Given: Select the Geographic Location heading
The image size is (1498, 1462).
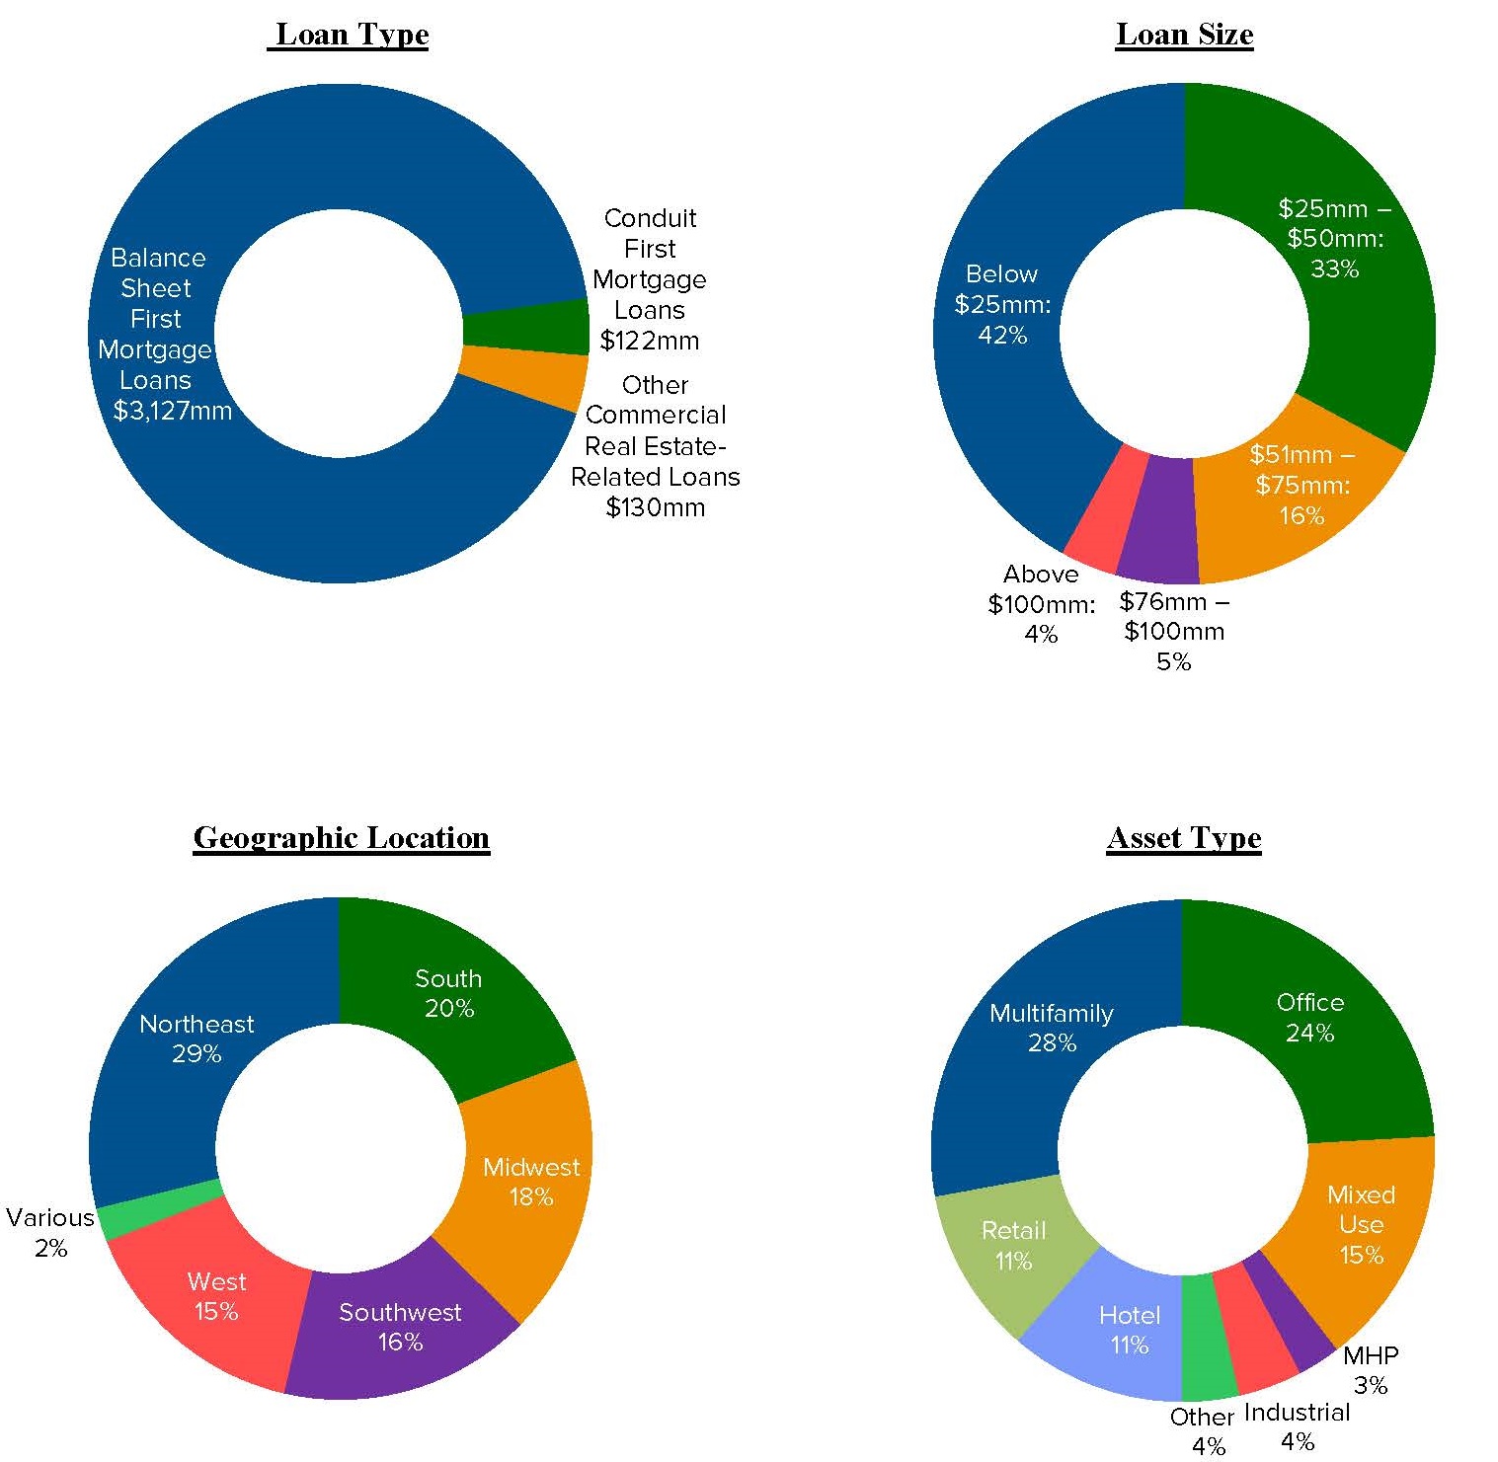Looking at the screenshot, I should tap(342, 838).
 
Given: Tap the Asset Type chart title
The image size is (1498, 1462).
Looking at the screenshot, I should tap(1184, 838).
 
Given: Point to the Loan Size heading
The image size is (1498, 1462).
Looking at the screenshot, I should tap(1184, 35).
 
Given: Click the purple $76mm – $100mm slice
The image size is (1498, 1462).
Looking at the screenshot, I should tap(1157, 520).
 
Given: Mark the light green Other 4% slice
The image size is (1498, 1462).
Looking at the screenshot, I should tap(1209, 1339).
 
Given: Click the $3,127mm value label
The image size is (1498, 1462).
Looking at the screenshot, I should tap(172, 411).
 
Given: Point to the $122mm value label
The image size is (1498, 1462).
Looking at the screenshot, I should tap(649, 342).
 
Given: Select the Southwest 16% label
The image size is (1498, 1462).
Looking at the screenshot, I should tap(400, 1327).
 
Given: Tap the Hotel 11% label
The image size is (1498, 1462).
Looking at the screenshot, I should tap(1130, 1330).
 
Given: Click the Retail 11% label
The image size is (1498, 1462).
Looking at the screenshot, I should tap(1013, 1245).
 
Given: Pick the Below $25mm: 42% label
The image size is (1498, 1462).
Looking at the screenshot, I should tap(1002, 304).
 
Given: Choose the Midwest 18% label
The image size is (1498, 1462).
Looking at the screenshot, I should tap(530, 1182).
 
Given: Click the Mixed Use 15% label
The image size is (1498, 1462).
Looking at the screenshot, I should tap(1361, 1224).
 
